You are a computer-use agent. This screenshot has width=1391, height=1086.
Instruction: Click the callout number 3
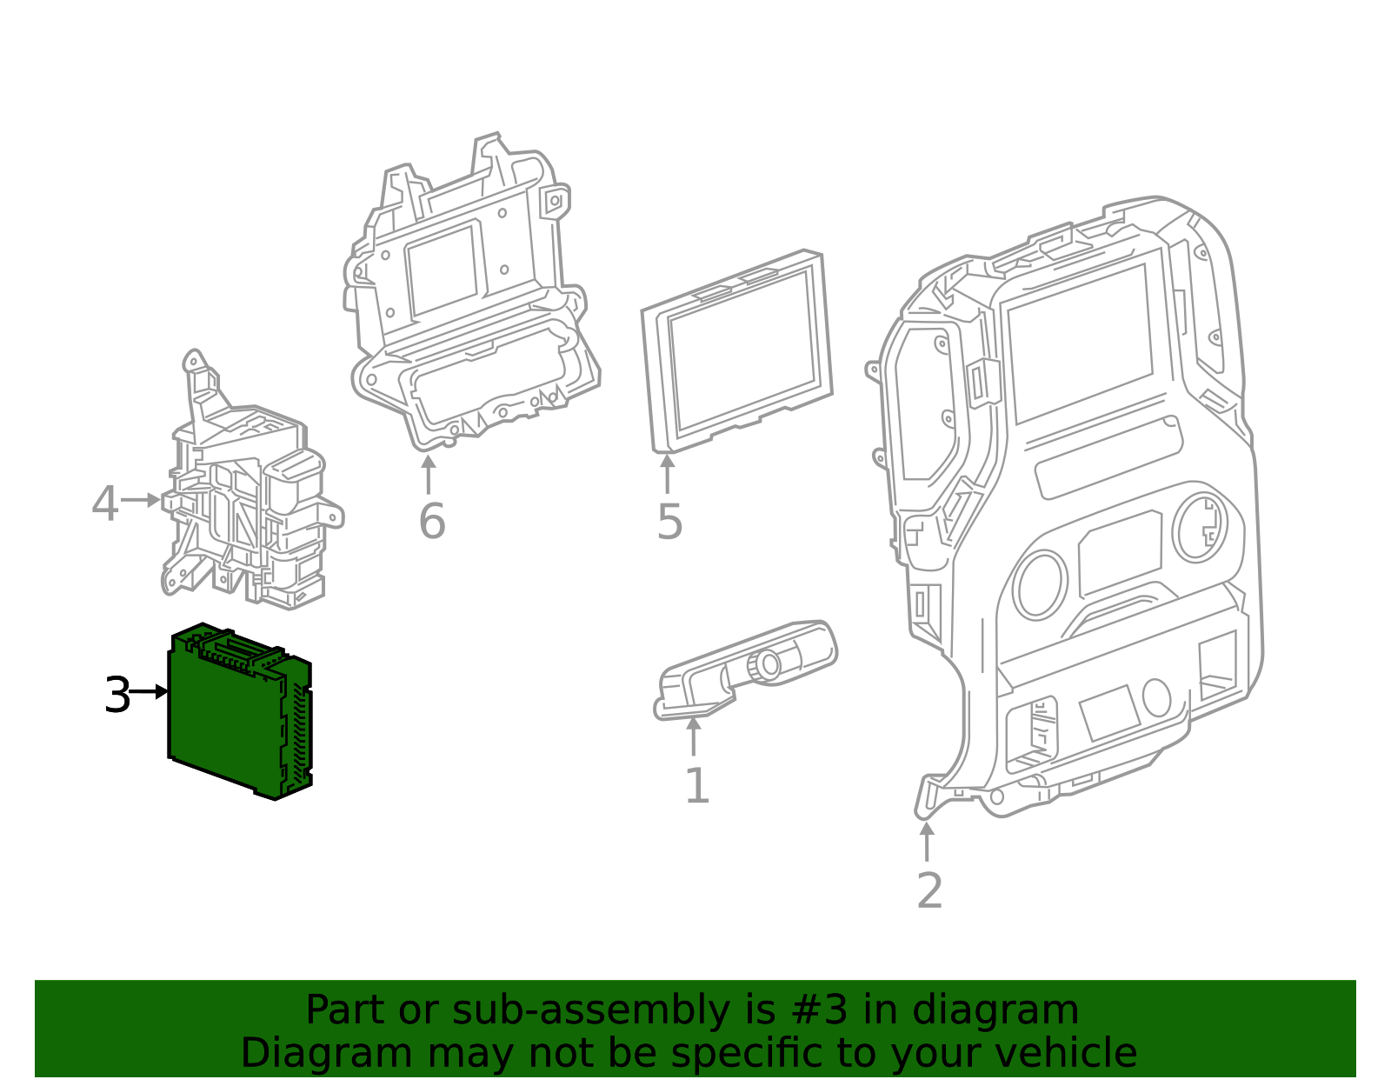pyautogui.click(x=116, y=696)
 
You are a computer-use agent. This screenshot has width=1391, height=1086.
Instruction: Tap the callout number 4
pyautogui.click(x=104, y=504)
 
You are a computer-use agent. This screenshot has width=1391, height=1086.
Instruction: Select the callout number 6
pyautogui.click(x=431, y=522)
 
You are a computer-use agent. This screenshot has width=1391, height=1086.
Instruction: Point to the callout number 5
pyautogui.click(x=669, y=522)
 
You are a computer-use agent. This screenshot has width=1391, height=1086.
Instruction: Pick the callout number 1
pyautogui.click(x=696, y=786)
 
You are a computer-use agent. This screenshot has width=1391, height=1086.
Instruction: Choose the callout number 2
pyautogui.click(x=929, y=891)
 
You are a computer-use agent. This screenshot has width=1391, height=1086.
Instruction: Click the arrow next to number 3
pyautogui.click(x=150, y=692)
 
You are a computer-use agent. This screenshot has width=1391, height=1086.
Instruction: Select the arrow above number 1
pyautogui.click(x=693, y=737)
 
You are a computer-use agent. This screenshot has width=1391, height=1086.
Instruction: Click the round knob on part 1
pyautogui.click(x=769, y=664)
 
